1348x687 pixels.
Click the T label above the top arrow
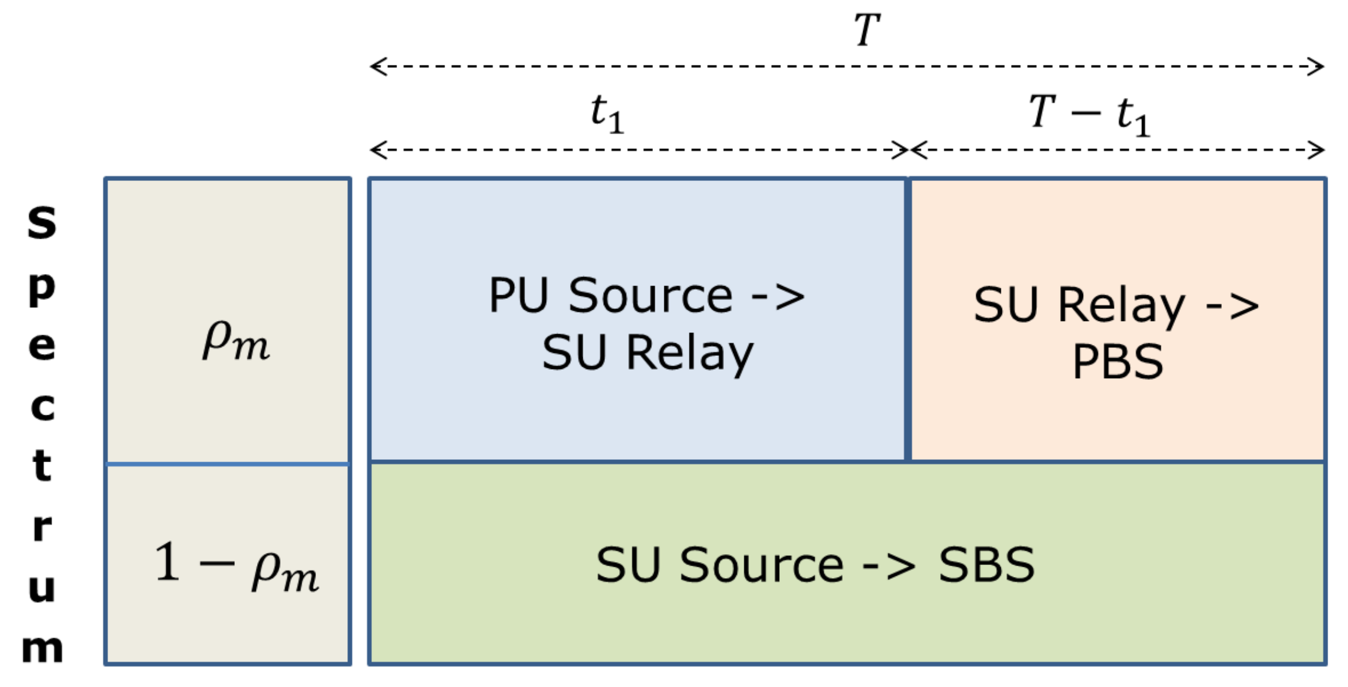pos(867,30)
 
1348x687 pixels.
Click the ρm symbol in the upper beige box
pos(236,341)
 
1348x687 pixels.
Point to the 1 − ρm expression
pos(236,567)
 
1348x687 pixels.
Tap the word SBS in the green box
pos(986,565)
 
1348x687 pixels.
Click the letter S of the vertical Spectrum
pos(41,222)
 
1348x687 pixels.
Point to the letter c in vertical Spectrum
pos(43,406)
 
